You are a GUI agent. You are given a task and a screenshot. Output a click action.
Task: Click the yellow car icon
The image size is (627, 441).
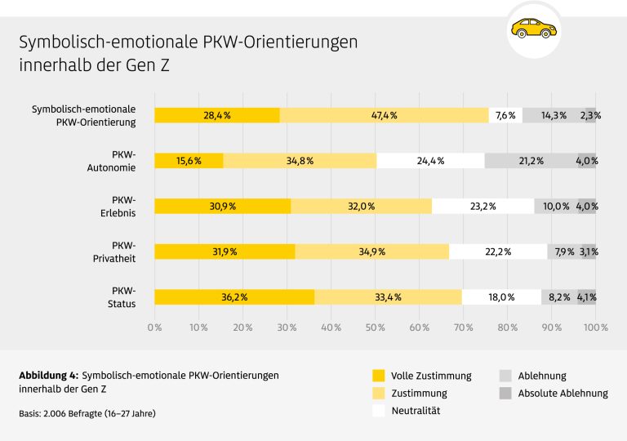click(533, 29)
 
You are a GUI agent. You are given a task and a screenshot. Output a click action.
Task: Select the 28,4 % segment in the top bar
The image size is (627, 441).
click(217, 115)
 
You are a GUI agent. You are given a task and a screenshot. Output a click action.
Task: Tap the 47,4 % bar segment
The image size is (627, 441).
click(384, 115)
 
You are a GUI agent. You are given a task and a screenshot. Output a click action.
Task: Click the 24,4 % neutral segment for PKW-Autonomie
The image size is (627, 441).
click(430, 161)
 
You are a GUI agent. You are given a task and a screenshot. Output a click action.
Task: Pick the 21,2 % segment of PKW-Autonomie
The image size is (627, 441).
click(531, 161)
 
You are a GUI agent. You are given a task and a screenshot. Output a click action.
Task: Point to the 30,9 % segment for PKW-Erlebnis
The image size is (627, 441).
click(222, 207)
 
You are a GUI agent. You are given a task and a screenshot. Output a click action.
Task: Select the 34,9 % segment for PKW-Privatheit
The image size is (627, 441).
click(372, 252)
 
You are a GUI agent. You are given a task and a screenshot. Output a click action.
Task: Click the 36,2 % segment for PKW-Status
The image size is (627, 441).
click(234, 297)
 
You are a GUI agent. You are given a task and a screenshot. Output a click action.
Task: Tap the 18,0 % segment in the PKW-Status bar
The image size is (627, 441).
click(501, 297)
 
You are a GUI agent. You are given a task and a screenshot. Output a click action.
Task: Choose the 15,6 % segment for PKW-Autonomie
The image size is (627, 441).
click(189, 161)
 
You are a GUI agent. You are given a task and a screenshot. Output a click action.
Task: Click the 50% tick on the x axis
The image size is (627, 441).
click(376, 327)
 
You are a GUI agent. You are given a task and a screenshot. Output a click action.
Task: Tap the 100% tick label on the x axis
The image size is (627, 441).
click(595, 327)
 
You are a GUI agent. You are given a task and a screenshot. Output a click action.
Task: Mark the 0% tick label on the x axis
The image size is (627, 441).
click(154, 327)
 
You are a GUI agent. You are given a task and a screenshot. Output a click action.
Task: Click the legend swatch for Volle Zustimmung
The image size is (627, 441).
click(378, 376)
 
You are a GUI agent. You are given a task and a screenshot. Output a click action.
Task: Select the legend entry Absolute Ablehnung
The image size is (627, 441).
click(563, 393)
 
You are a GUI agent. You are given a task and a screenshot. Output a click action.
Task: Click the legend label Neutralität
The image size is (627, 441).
click(416, 411)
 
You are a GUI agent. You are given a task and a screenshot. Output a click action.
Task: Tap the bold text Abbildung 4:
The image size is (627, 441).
click(48, 375)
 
